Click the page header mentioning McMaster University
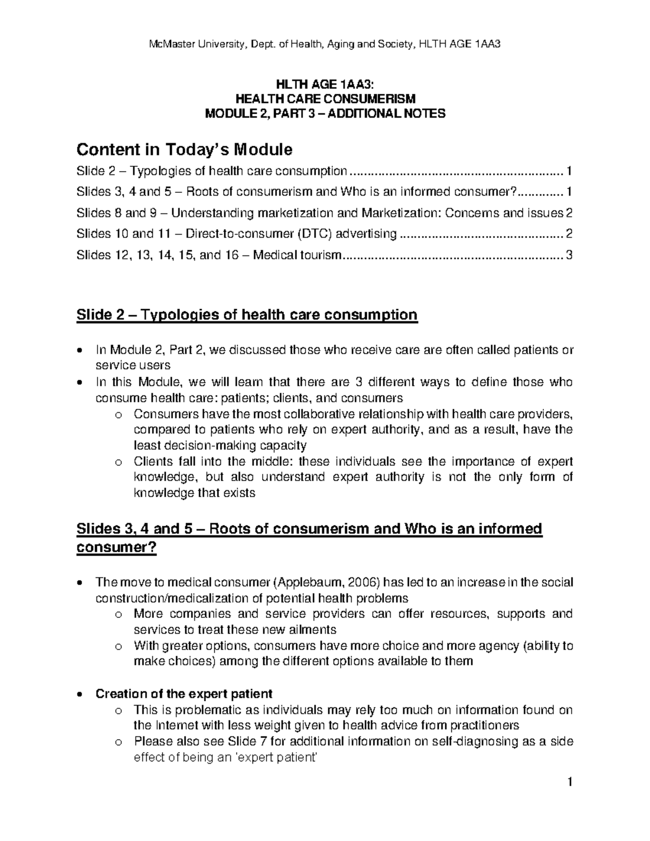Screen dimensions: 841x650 [x=324, y=44]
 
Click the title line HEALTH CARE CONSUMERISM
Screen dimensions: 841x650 [x=324, y=99]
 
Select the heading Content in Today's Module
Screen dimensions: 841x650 [x=184, y=149]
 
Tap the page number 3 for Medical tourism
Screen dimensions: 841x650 [x=569, y=255]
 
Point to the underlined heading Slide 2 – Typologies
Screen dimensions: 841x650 [x=247, y=315]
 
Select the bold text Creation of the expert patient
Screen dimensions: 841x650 [x=184, y=694]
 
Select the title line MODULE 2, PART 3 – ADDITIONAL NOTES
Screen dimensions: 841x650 [x=324, y=114]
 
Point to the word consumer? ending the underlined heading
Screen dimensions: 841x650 [x=116, y=547]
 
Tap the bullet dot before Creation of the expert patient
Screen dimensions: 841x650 [x=80, y=694]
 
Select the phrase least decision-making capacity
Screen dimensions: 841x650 [x=220, y=446]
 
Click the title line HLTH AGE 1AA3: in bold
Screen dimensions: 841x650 [x=324, y=84]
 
